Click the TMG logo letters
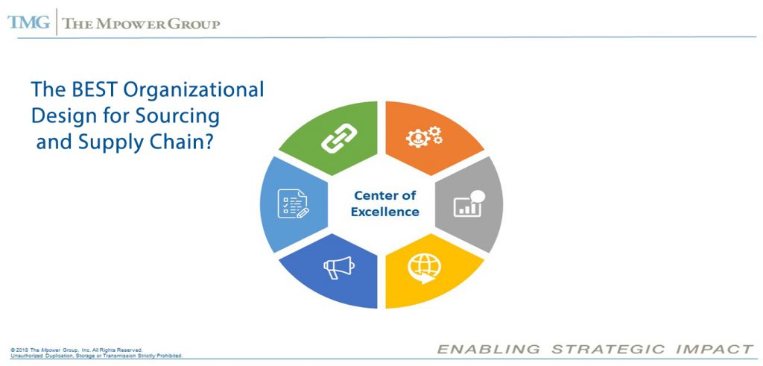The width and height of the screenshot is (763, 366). click(x=28, y=22)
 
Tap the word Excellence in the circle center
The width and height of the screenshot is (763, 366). click(x=386, y=212)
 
